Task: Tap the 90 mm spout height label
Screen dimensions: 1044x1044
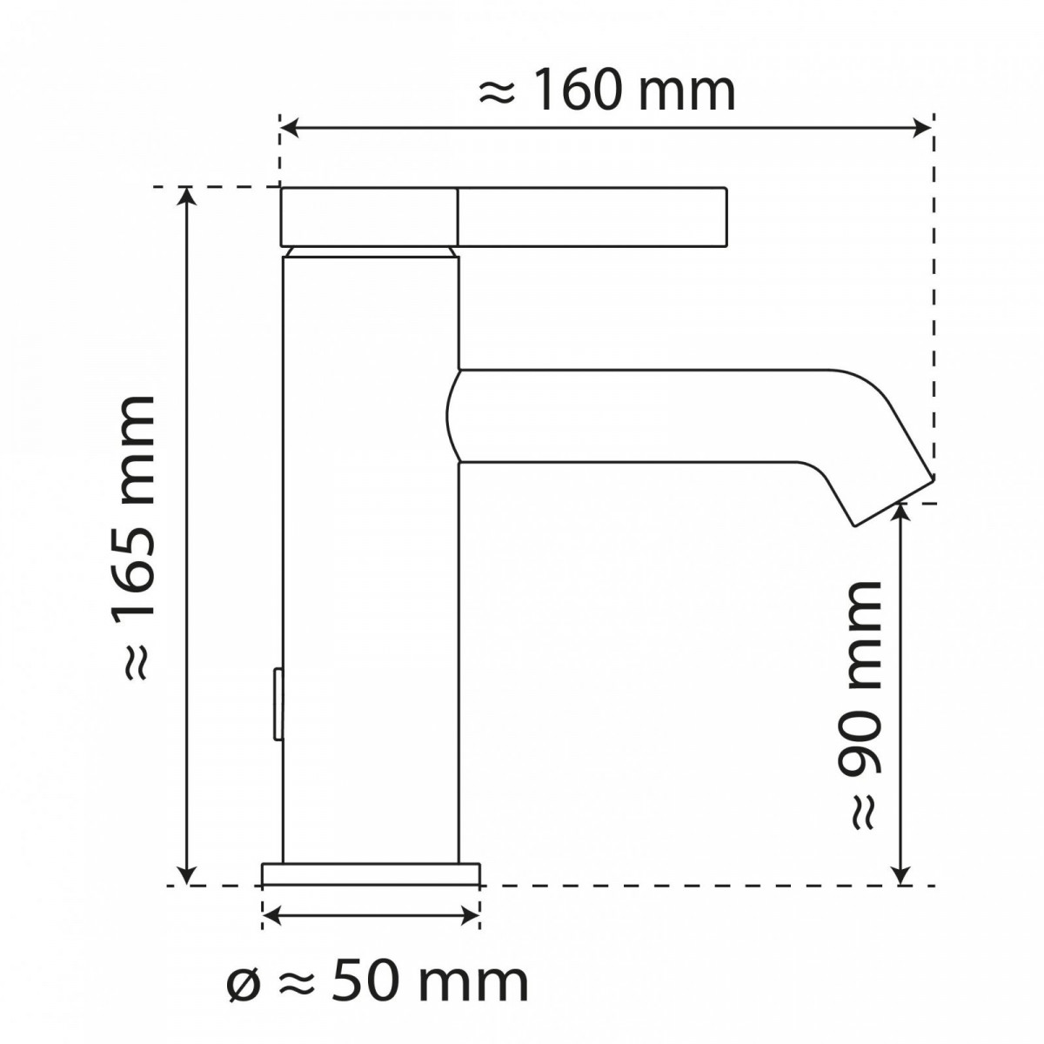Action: click(860, 705)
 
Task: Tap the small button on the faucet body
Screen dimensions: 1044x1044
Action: click(278, 704)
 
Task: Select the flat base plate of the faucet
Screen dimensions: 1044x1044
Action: click(371, 873)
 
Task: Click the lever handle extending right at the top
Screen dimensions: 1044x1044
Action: click(592, 216)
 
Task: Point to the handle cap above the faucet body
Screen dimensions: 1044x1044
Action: click(369, 216)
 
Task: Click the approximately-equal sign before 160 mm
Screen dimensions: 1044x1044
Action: click(498, 92)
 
